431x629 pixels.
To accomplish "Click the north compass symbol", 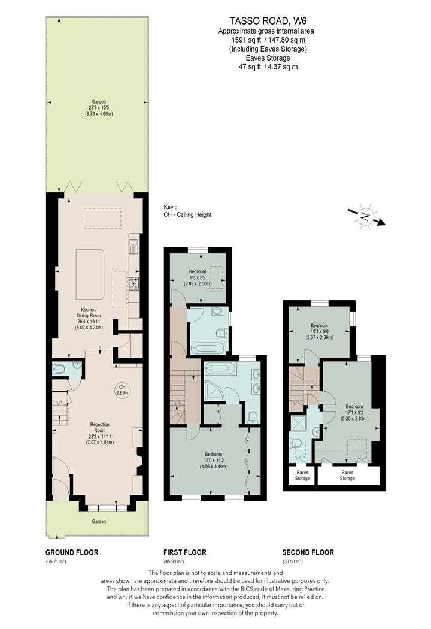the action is click(x=365, y=217).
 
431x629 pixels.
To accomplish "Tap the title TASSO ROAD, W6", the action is click(x=268, y=21).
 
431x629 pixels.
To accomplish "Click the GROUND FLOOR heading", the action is click(x=72, y=552).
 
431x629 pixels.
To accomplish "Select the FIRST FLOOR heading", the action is click(x=185, y=552).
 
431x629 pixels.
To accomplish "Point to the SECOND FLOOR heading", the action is click(x=308, y=552).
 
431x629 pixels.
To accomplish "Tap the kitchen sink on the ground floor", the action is click(x=133, y=246).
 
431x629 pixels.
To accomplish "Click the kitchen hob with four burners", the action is click(x=133, y=283).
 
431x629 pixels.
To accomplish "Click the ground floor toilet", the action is click(x=59, y=368).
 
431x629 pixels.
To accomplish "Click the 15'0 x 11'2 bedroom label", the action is click(x=213, y=461).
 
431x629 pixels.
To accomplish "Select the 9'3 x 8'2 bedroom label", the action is click(x=198, y=277).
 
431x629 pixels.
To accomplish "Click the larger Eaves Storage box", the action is click(x=348, y=476).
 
